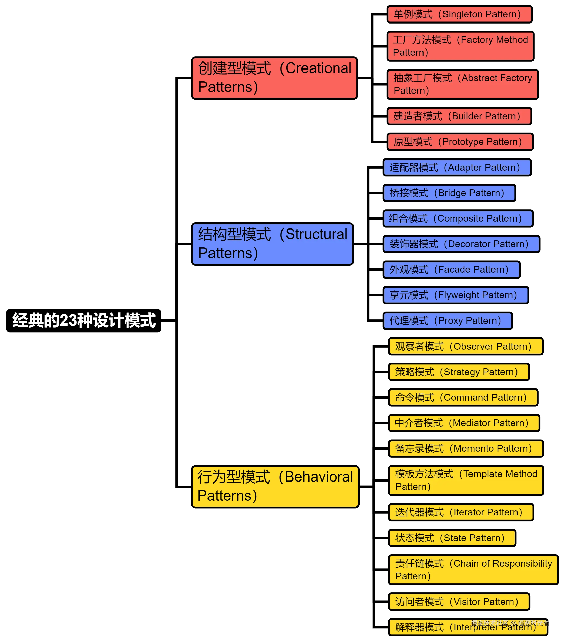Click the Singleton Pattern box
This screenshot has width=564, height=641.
tap(459, 14)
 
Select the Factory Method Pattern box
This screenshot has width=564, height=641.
tap(460, 46)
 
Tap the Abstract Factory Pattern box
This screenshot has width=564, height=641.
tap(462, 84)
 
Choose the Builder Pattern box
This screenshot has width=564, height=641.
tap(459, 116)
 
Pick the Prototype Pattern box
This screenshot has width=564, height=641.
tap(460, 142)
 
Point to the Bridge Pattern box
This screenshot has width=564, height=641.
tap(449, 193)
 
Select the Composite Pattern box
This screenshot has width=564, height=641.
tap(458, 219)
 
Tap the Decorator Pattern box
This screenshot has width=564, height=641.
tap(461, 244)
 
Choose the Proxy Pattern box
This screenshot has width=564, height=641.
tap(447, 321)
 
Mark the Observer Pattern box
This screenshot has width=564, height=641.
tap(465, 346)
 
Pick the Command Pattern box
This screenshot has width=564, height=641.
tap(463, 397)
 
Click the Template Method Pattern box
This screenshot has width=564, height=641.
tap(466, 480)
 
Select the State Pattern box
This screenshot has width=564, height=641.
tap(452, 538)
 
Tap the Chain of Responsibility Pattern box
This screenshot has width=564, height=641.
tap(473, 569)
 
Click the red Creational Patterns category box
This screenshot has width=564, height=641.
tap(274, 78)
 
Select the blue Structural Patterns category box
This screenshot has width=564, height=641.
tap(272, 244)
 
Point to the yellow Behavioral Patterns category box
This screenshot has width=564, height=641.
tap(275, 486)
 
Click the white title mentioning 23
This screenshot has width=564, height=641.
tap(84, 320)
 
